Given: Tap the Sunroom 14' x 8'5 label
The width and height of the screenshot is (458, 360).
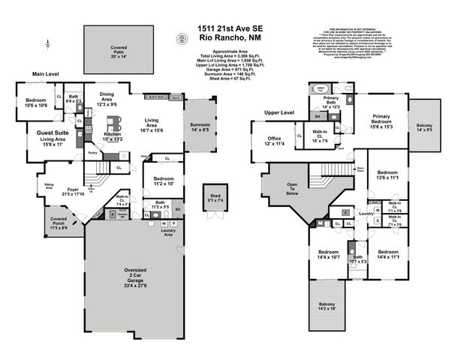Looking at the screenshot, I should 199,128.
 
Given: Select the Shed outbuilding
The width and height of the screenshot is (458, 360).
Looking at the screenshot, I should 215,199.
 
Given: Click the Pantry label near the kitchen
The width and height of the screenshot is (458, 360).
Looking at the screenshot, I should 93,153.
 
